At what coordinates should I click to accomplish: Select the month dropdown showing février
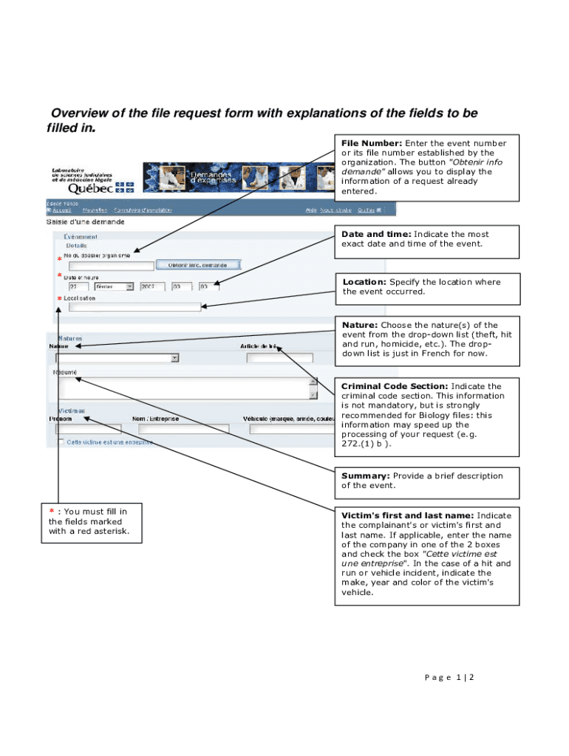[x=109, y=286]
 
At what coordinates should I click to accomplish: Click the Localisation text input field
[x=134, y=307]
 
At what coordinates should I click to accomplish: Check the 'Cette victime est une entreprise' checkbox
[x=60, y=441]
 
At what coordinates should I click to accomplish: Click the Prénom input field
[x=88, y=428]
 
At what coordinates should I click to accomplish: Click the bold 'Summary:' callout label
[x=365, y=476]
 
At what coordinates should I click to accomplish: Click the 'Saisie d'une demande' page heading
[x=86, y=221]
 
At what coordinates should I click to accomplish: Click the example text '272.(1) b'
[x=366, y=444]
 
